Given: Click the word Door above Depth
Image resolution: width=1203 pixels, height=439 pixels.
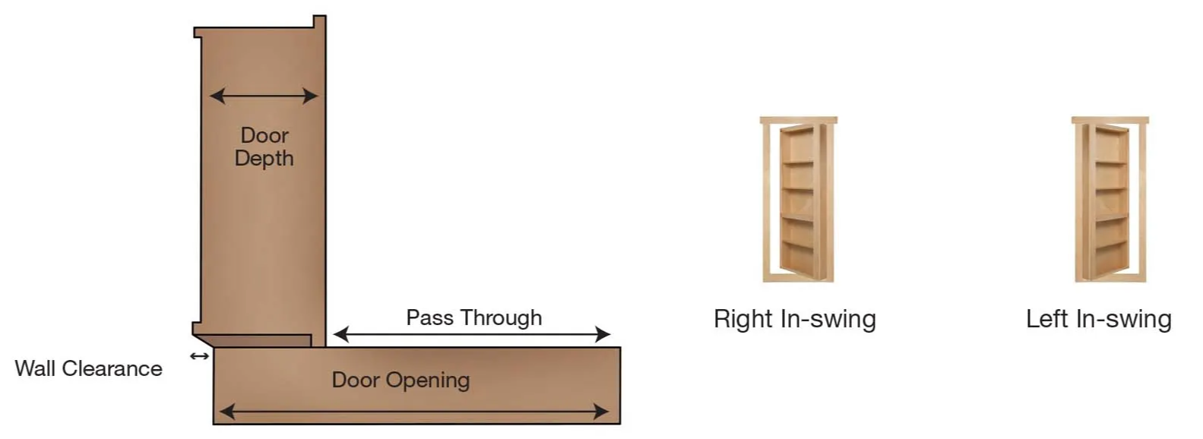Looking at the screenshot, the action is click(x=264, y=135).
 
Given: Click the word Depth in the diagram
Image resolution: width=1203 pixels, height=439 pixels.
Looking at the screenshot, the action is click(x=264, y=159).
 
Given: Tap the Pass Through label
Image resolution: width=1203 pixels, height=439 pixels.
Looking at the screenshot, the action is click(x=474, y=317).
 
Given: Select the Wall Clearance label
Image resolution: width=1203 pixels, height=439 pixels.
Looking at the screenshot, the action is click(x=89, y=368).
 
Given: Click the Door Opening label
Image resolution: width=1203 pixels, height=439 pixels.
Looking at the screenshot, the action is click(x=400, y=380).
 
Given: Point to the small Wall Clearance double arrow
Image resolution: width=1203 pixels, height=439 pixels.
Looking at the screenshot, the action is click(x=199, y=355).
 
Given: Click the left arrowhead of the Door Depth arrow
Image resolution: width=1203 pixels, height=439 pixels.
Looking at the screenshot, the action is click(x=217, y=96).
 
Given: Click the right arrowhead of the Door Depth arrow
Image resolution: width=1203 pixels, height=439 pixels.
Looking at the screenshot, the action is click(x=310, y=96).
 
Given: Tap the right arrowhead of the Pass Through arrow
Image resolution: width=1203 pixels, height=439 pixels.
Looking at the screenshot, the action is click(x=603, y=334).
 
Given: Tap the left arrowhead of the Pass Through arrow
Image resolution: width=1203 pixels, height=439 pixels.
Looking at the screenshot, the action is click(x=341, y=334).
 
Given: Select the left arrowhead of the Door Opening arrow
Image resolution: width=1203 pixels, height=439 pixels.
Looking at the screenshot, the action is click(x=227, y=412).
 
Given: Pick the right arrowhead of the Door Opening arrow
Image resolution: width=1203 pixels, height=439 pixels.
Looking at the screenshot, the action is click(x=602, y=412).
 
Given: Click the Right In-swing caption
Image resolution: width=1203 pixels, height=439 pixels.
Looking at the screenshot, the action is click(x=795, y=319).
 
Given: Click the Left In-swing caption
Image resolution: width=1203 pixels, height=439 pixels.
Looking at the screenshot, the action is click(x=1099, y=319).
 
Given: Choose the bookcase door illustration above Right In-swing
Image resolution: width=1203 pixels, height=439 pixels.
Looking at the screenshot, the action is click(x=799, y=199).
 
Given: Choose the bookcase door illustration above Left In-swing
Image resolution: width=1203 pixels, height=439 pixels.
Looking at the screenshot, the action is click(x=1110, y=199).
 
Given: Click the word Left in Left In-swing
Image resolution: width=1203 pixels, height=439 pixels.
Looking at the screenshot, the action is click(x=1047, y=319).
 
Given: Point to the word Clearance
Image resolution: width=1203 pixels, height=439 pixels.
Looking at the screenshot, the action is click(x=112, y=368).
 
